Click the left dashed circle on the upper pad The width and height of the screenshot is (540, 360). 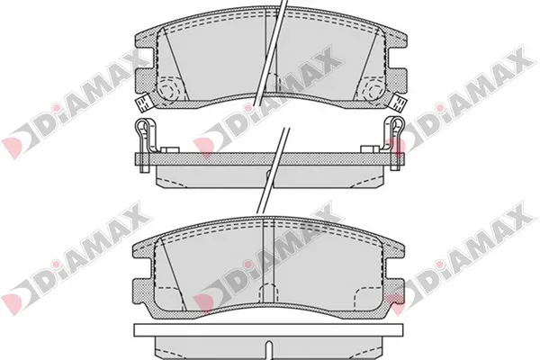click(168, 88)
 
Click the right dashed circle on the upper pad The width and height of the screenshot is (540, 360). click(372, 88)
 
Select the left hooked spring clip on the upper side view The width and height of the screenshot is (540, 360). click(142, 135)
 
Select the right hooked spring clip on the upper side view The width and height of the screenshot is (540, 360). click(397, 135)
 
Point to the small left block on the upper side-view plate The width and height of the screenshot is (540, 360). click(172, 148)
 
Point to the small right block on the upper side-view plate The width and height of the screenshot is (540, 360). click(367, 148)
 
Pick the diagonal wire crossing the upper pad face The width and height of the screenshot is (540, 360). click(271, 54)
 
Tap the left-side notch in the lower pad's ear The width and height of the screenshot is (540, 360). click(137, 267)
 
